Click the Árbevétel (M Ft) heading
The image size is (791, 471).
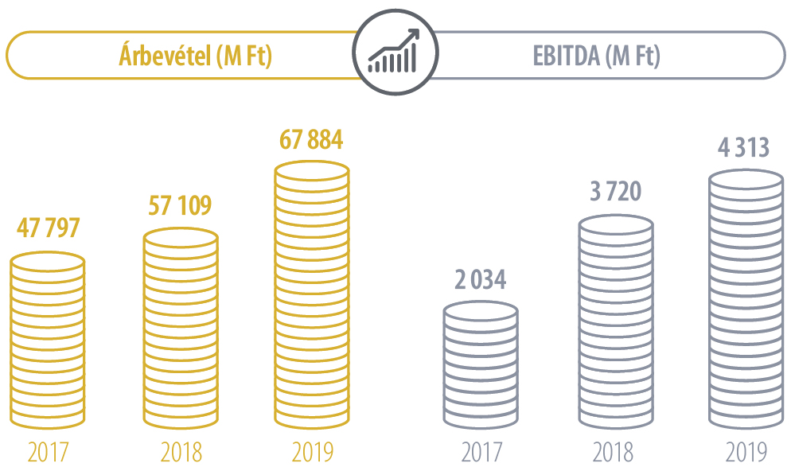[195, 56]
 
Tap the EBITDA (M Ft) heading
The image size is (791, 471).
[596, 56]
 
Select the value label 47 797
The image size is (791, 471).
[49, 228]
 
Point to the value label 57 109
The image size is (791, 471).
[181, 205]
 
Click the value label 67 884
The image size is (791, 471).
[312, 141]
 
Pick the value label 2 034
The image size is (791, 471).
[480, 281]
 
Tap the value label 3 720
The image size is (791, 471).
[614, 193]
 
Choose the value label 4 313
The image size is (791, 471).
[743, 148]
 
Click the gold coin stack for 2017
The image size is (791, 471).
[48, 341]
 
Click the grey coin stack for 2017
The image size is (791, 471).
[481, 364]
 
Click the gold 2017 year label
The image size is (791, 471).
[48, 452]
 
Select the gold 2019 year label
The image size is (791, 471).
[312, 452]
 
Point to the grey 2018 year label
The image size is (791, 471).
[613, 452]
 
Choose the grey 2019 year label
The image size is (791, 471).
[746, 452]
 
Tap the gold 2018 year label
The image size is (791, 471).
[181, 452]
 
